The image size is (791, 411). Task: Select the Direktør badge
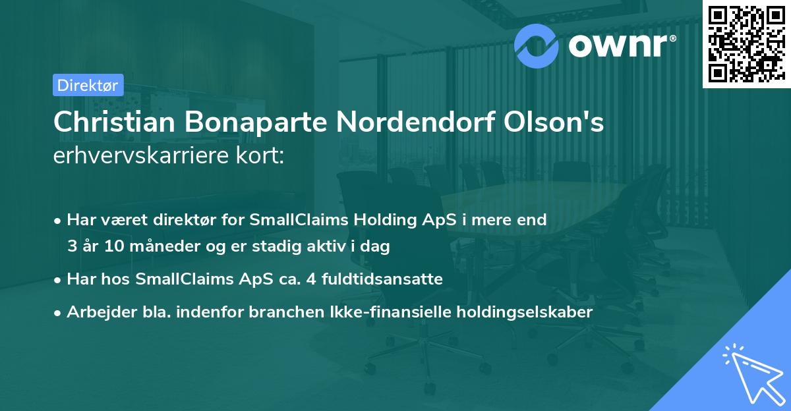(x=88, y=85)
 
